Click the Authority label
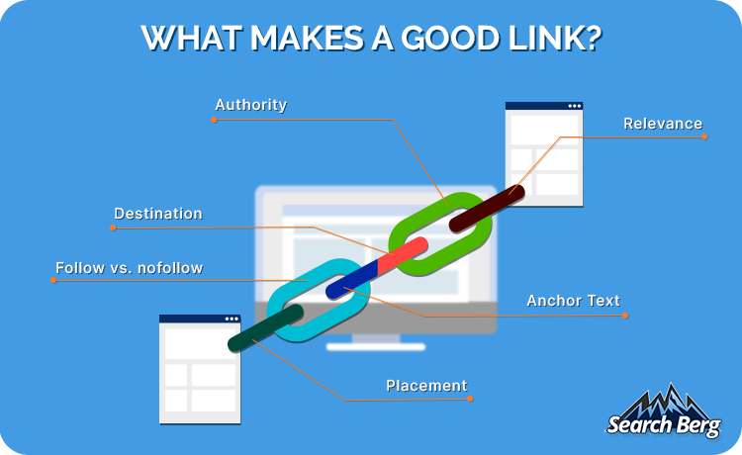251,105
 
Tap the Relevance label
663,124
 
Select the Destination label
158,214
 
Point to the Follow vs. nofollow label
130,268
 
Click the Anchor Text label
573,301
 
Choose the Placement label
426,386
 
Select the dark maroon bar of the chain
487,208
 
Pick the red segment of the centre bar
403,254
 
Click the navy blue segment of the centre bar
351,279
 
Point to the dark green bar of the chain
265,327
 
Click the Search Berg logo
664,411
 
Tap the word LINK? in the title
555,38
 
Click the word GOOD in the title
450,38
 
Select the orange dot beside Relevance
704,137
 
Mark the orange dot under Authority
214,120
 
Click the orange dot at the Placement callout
470,399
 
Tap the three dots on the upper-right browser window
575,106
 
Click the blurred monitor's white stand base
376,347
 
